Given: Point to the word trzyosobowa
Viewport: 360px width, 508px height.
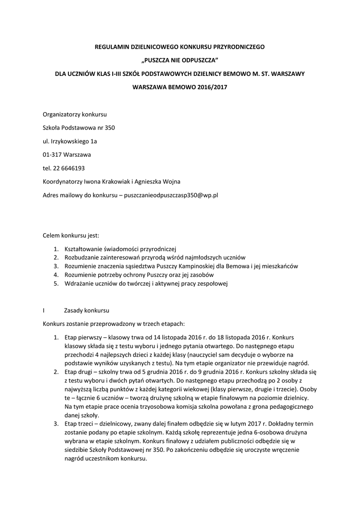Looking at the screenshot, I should (163, 407).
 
